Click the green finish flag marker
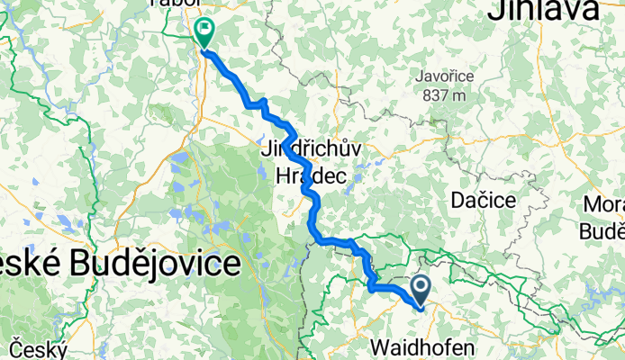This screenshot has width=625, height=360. [204, 32]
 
